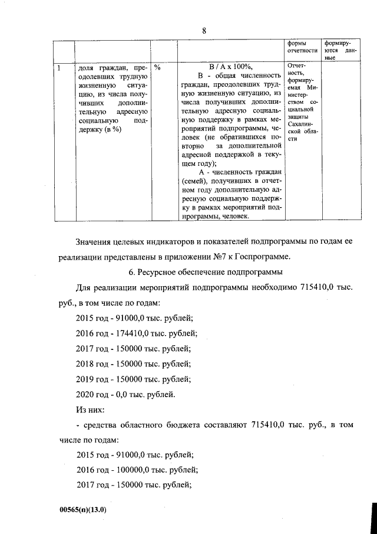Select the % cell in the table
click(157, 67)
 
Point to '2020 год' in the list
click(92, 394)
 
